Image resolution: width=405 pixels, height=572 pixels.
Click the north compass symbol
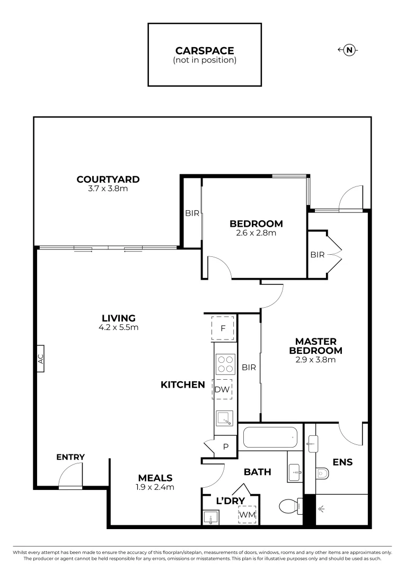tap(348, 50)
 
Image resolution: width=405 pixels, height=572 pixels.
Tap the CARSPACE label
tap(205, 51)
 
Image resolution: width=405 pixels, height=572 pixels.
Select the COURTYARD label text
tap(108, 179)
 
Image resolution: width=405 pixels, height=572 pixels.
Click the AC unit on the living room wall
tap(40, 359)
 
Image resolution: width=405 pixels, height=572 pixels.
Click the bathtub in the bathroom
tap(270, 438)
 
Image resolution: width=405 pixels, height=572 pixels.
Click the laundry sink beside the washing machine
tap(211, 517)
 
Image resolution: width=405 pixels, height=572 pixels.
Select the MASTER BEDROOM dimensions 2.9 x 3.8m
tap(315, 360)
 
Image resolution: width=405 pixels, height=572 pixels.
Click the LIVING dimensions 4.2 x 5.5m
tap(119, 327)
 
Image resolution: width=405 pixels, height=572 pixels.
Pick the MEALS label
tap(155, 478)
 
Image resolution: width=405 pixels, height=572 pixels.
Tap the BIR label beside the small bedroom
tap(192, 213)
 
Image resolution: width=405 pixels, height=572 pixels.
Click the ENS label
tap(343, 462)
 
